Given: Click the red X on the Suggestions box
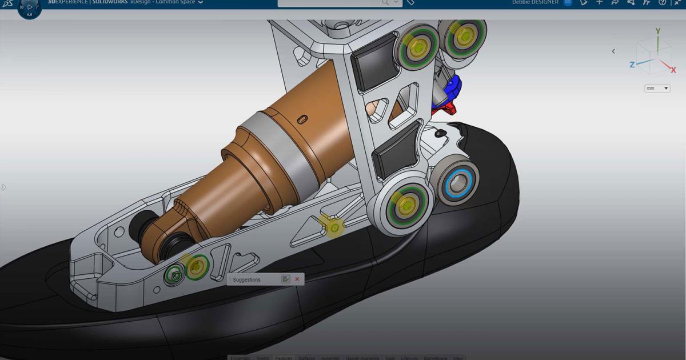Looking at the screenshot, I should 297,279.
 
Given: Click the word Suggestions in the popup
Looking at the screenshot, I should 246,279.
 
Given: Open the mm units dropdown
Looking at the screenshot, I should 657,89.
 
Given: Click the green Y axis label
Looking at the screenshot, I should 658,31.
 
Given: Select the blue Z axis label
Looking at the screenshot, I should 632,65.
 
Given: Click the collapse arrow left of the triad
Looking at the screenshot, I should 613,51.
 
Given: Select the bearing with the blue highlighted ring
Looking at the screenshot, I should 458,183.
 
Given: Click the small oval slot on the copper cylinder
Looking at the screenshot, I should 302,118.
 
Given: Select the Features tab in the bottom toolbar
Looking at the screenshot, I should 284,358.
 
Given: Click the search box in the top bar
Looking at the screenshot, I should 332,2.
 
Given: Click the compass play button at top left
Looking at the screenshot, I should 30,7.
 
